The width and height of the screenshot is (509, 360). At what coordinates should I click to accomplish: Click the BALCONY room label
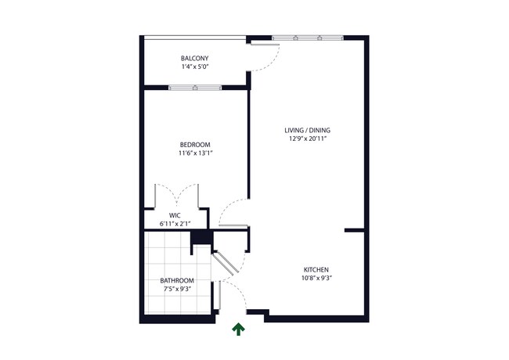(194, 59)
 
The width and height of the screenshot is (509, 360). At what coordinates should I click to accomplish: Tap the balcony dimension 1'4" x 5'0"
(194, 67)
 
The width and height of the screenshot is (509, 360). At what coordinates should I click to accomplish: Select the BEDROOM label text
(195, 145)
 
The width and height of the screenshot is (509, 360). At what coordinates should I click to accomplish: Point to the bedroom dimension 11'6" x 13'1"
(195, 153)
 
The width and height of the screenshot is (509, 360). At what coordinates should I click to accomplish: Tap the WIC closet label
(175, 214)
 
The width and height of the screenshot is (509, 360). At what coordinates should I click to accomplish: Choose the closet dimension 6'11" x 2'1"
(175, 223)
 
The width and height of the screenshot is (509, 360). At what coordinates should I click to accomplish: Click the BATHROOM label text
(177, 280)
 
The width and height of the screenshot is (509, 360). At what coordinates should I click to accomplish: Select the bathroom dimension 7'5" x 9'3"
(177, 289)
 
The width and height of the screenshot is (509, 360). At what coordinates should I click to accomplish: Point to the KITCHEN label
(315, 269)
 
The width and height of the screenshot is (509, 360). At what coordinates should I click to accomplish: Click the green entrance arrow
(237, 330)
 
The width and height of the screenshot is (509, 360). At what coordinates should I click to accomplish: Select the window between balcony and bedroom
(195, 87)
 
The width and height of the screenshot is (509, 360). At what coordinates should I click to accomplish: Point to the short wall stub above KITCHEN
(355, 230)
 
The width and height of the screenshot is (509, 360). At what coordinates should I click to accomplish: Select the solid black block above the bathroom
(202, 237)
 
